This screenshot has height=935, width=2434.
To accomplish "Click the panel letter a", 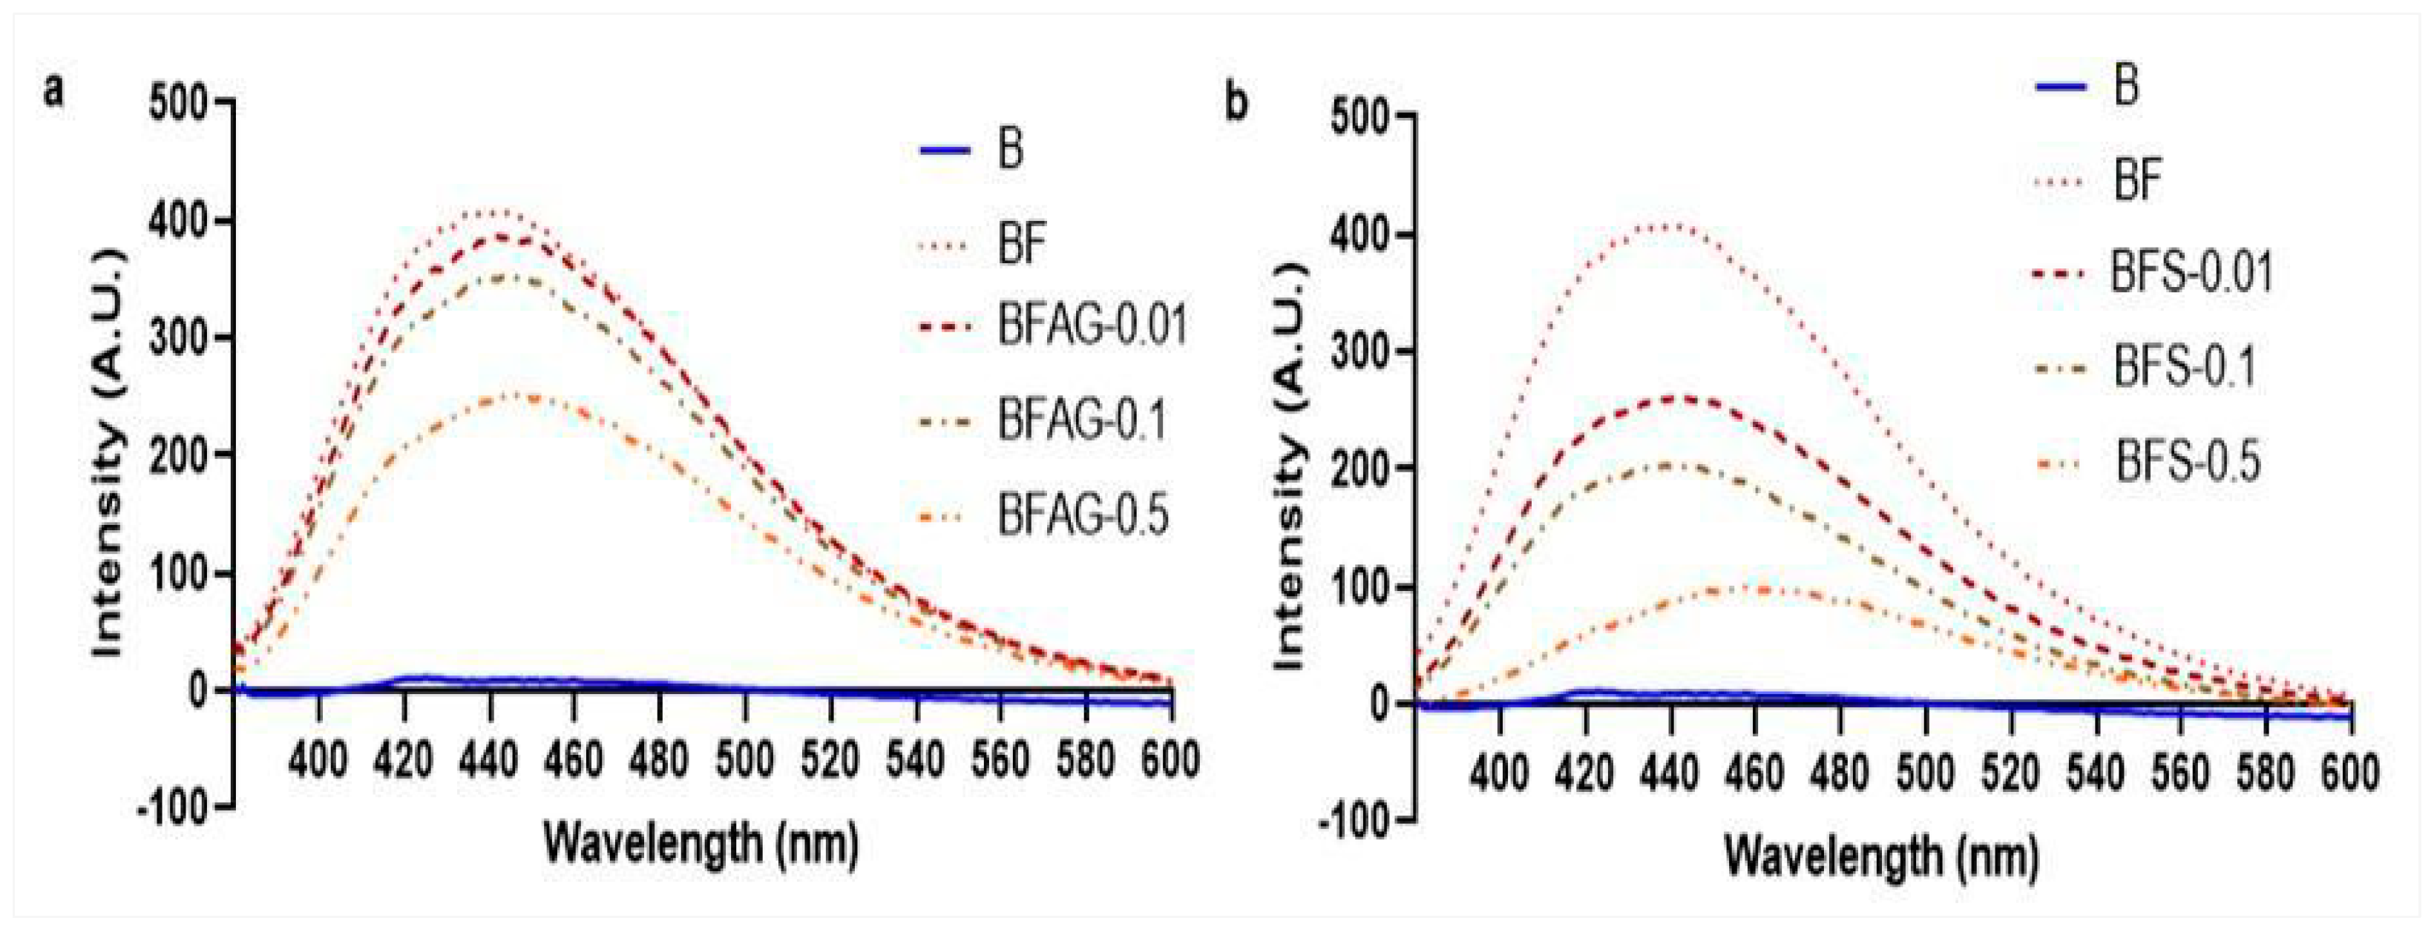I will point(56,93).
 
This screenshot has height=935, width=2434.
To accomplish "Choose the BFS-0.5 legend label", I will point(2188,463).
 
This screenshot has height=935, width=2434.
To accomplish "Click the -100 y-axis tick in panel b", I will point(1356,822).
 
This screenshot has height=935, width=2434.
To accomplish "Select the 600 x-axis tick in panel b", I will point(2350,774).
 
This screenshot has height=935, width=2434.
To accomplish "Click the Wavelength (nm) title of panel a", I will point(701,842).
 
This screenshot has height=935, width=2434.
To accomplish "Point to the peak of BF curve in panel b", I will point(1670,225).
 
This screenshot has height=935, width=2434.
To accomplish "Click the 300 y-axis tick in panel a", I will point(179,337).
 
